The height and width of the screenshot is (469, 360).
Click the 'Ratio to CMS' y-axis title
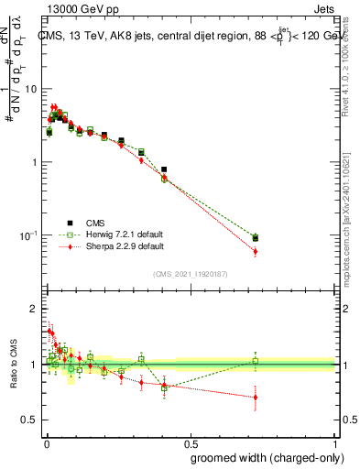[14, 365]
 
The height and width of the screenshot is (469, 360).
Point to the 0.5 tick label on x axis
[190, 442]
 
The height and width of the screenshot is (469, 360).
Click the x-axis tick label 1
[335, 442]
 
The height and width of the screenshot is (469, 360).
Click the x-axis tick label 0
[45, 442]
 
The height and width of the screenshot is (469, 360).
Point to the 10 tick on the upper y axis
[30, 89]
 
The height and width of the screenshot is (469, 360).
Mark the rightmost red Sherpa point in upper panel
[256, 251]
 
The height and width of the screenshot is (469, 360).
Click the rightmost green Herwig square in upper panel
[256, 236]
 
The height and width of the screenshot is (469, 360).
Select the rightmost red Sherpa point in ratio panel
[256, 397]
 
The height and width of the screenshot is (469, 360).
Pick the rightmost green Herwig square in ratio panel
[256, 361]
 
